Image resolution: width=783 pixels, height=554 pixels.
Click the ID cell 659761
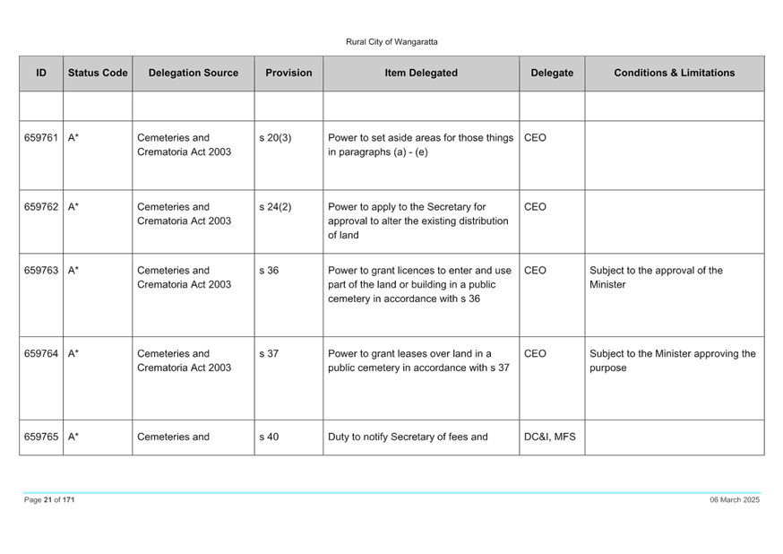[41, 137]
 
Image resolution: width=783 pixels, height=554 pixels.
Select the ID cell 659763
[41, 270]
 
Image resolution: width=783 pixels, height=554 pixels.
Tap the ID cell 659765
[41, 437]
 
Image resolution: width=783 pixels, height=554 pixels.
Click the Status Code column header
[98, 73]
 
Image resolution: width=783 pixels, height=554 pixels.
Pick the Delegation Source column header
[194, 73]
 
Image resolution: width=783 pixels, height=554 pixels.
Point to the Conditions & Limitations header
[674, 73]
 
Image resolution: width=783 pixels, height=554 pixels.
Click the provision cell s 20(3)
[275, 138]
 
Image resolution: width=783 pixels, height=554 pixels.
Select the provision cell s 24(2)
[275, 207]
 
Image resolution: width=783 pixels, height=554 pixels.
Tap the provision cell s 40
[269, 437]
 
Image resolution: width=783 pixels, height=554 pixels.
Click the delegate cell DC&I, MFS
[550, 437]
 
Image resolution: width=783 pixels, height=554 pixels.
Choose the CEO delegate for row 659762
[535, 207]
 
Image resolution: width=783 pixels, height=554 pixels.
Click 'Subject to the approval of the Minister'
[656, 277]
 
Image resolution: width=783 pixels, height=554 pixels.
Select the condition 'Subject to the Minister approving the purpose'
[673, 360]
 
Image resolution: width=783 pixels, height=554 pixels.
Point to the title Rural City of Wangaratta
[391, 42]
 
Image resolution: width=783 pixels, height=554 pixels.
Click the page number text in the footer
[49, 499]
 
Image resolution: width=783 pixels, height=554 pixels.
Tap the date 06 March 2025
[735, 499]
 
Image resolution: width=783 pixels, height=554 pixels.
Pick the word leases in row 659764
[424, 354]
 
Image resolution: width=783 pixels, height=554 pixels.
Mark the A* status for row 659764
[73, 354]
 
